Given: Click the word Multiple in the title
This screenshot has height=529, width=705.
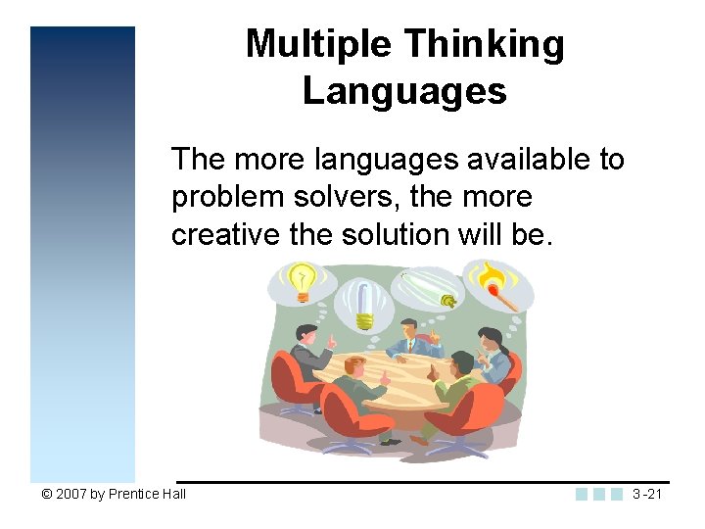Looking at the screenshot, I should (318, 44).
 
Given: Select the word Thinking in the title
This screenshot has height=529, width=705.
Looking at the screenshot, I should (484, 44).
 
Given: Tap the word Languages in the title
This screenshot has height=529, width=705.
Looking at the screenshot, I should (404, 91).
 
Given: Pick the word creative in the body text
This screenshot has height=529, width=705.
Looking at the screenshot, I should (224, 235).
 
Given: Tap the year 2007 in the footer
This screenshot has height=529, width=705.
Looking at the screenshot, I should (70, 494).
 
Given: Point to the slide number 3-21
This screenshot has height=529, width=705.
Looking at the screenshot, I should (647, 494).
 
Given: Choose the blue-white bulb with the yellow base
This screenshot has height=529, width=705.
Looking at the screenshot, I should (363, 304).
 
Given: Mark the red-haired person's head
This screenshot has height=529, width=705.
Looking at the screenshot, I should (355, 365).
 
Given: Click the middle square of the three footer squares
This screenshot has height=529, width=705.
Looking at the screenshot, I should (599, 494).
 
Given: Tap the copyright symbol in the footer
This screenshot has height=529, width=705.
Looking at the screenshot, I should (46, 494).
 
